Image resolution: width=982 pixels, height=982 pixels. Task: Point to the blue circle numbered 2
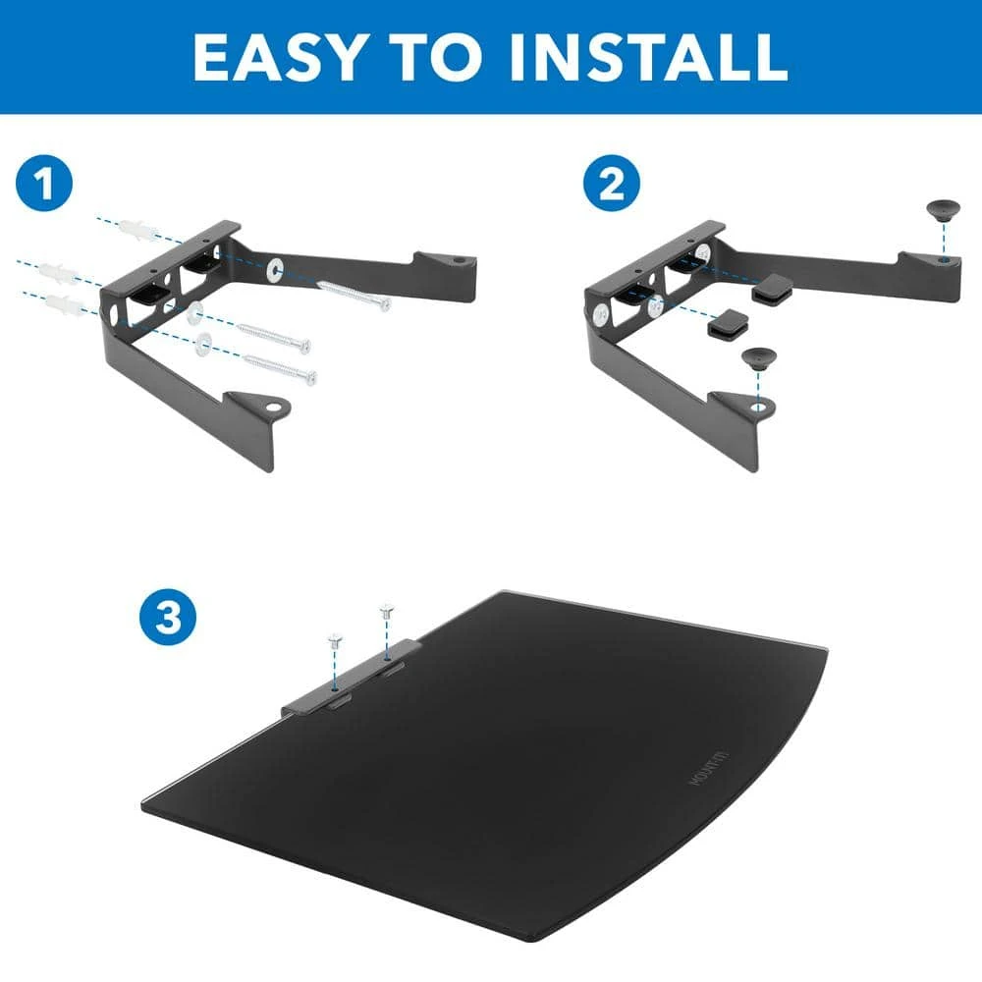tap(612, 186)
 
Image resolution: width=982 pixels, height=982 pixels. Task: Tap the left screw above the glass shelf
tap(335, 643)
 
